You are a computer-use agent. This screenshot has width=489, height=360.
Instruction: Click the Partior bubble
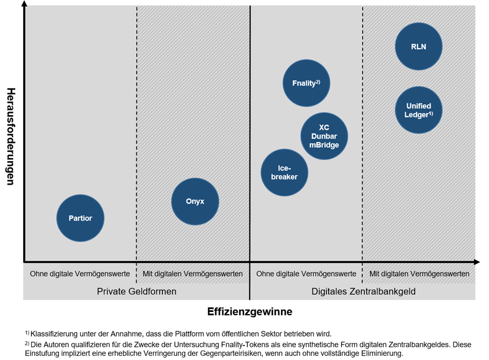coord(80,218)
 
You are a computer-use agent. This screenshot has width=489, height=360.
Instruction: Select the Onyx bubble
coord(195,201)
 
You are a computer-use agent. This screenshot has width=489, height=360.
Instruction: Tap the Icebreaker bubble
coord(284,172)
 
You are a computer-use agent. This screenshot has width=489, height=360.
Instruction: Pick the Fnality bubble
coord(306,83)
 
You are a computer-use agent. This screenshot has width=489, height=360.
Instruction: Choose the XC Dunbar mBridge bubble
coord(324,136)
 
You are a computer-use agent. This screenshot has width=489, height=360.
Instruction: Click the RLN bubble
coord(419,46)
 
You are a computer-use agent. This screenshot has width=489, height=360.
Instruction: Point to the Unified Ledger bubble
coord(419,111)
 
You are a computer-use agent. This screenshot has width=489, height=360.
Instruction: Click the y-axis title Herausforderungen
coord(10,136)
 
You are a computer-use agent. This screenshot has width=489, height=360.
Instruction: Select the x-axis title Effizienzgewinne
coord(249,312)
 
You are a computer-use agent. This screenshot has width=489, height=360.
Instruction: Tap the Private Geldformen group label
coord(137,291)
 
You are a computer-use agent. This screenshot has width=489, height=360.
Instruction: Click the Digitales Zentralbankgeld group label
coord(363,291)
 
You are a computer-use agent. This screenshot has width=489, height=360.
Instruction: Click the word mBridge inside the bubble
coord(324,145)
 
